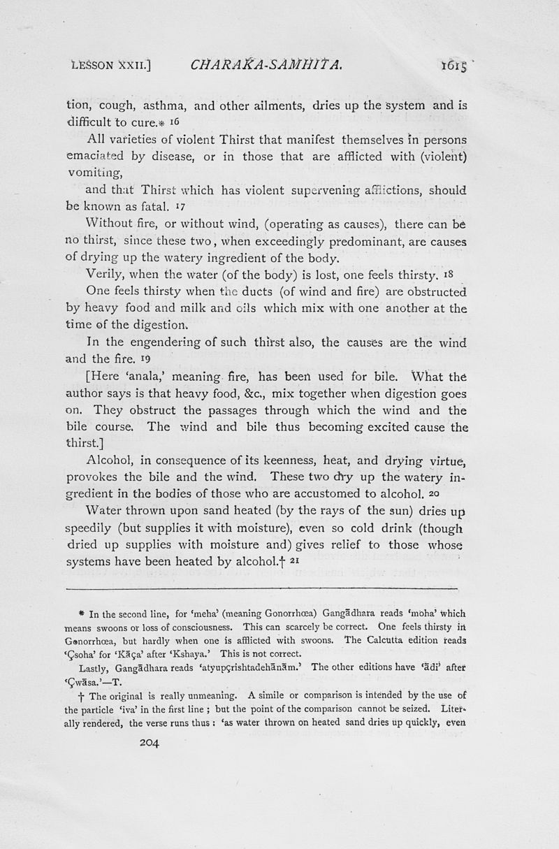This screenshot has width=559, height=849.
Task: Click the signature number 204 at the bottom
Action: [150, 743]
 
